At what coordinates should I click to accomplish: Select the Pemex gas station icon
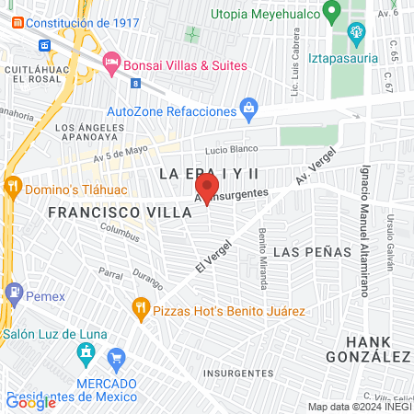13,293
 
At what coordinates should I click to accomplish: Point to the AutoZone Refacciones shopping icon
248,110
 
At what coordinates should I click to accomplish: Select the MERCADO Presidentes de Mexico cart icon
116,357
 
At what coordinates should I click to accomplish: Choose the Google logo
31,401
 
